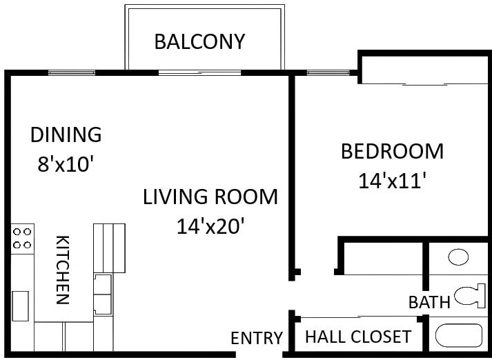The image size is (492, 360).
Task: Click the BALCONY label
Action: pos(199,41)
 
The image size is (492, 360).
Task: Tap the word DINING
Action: pos(66,134)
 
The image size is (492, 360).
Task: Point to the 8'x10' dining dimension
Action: pos(66,163)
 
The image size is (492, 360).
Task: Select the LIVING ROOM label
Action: pos(210,197)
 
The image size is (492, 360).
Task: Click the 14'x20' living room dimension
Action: pos(210,226)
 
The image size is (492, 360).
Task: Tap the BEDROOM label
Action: pos(392,151)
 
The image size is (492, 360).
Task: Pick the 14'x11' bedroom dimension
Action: pos(392,181)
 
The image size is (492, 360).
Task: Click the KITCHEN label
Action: pos(62,270)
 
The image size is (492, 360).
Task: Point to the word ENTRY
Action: pos(257,338)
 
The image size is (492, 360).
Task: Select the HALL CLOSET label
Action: pos(358,337)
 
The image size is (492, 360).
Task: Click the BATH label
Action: pos(429,302)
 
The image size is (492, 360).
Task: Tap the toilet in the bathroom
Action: pos(470,296)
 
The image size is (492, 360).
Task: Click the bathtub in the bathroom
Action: pos(458,336)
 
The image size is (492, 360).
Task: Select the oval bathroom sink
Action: pos(458,257)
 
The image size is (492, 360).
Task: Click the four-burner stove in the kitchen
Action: pos(22,239)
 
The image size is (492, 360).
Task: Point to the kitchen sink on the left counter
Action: pos(21,306)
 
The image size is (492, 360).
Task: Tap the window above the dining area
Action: pos(72,72)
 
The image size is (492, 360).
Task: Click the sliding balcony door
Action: pos(199,72)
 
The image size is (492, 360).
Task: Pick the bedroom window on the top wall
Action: pos(328,72)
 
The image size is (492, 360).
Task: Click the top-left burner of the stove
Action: pos(17,232)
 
